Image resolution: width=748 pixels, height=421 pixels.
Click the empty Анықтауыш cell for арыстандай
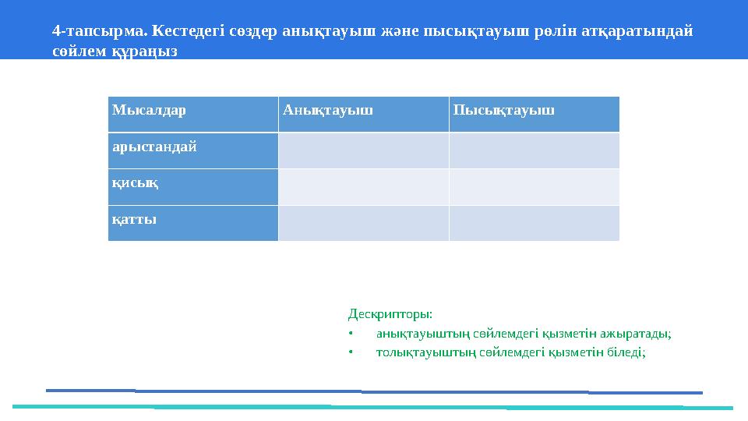pos(363,150)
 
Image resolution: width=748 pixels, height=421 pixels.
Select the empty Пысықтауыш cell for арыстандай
pos(534,150)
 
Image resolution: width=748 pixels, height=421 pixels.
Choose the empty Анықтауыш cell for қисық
pos(363,187)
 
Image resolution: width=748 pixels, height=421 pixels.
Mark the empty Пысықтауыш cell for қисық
pos(534,187)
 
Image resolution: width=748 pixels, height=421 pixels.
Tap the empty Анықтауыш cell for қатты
pos(363,223)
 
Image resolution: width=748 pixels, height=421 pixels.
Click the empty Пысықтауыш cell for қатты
pos(534,223)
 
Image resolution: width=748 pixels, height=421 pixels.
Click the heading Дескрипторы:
pos(390,314)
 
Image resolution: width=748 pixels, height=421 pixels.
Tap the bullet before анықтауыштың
pos(351,334)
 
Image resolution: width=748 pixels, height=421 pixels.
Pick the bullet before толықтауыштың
pos(351,352)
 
